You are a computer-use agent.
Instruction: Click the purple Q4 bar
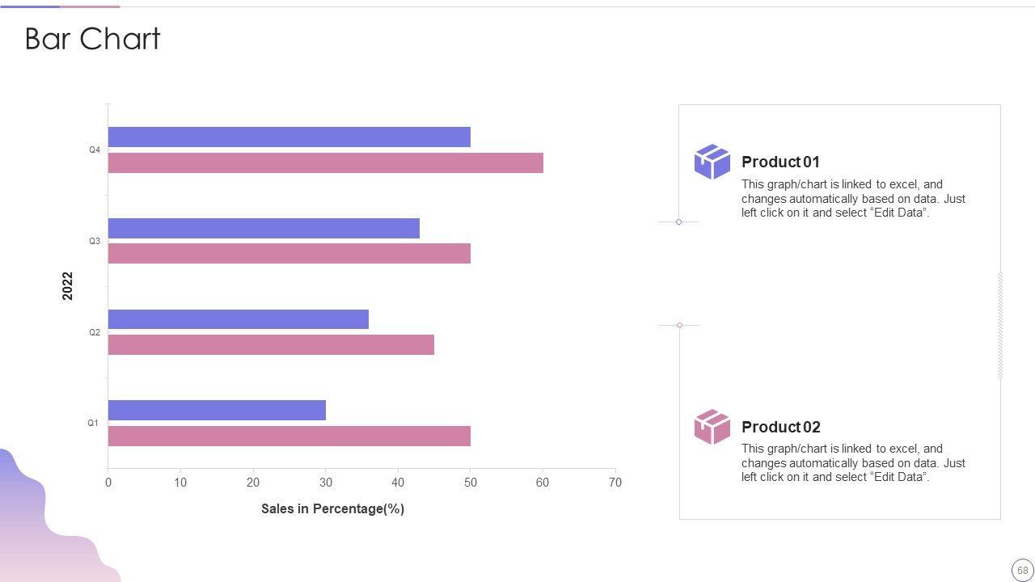click(289, 137)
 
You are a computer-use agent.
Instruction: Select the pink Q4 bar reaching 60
click(325, 163)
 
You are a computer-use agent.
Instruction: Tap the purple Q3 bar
click(264, 229)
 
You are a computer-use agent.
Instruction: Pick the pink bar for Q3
click(289, 254)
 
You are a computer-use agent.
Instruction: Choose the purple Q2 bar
click(238, 319)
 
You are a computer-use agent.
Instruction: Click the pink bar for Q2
click(271, 345)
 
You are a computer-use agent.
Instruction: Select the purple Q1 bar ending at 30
click(217, 411)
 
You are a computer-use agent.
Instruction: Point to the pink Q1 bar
click(289, 436)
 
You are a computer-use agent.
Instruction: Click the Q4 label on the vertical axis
click(95, 150)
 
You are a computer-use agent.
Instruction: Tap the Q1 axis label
click(93, 423)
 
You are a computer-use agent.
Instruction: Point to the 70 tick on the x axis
click(615, 483)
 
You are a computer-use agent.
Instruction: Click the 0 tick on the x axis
click(108, 483)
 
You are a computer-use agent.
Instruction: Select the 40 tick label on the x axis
click(398, 483)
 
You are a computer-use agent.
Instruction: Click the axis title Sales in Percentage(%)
click(332, 508)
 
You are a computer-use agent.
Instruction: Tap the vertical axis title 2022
click(68, 286)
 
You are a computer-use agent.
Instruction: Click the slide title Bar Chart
click(93, 39)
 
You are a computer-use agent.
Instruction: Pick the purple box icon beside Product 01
click(712, 162)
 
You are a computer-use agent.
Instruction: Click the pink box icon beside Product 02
click(712, 427)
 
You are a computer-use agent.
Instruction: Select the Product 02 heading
click(780, 427)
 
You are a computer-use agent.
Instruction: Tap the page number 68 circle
click(1022, 570)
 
